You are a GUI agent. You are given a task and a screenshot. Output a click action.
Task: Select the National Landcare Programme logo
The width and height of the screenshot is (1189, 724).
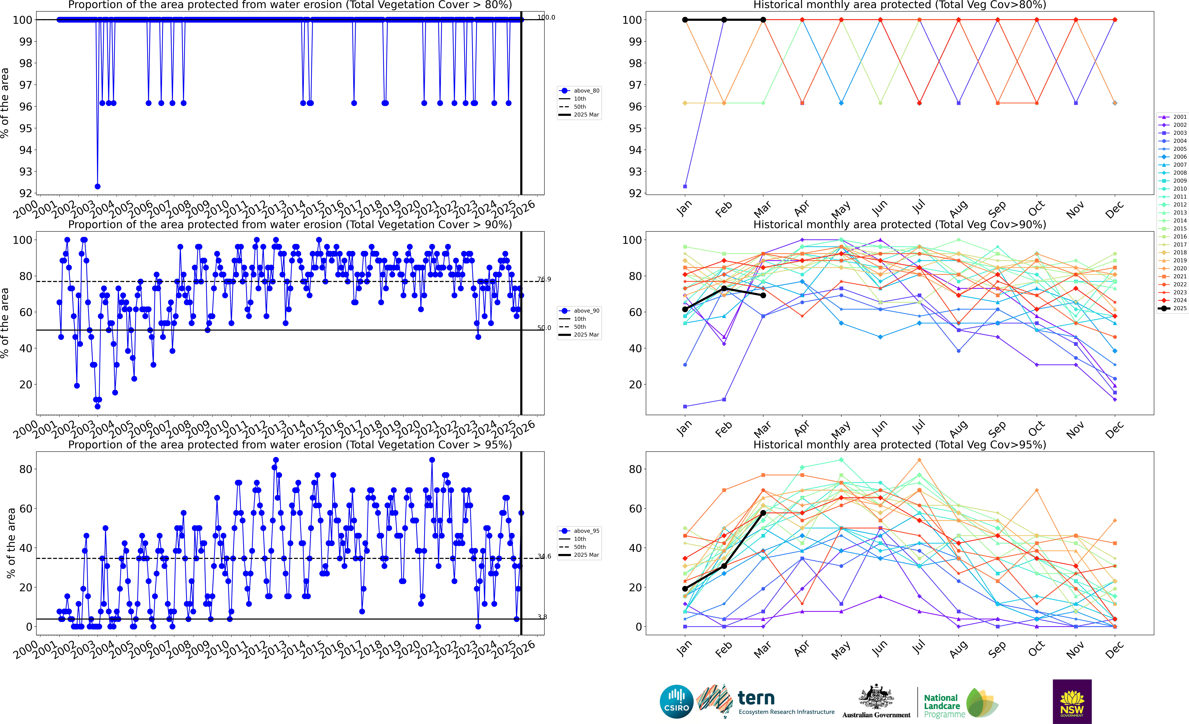960,704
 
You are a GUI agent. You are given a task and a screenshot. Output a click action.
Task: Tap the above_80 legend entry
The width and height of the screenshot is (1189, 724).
586,91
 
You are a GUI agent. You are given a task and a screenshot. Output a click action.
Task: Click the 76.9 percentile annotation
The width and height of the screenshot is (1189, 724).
544,279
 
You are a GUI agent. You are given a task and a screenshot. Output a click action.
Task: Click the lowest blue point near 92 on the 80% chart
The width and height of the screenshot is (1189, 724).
97,186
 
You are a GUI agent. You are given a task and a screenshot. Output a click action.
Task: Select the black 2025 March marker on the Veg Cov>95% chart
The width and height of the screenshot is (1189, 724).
763,513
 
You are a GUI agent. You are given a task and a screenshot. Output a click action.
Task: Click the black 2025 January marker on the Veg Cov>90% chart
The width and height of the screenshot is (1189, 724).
685,309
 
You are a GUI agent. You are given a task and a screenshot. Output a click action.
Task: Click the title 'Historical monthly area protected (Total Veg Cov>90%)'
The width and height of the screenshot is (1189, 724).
900,224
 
